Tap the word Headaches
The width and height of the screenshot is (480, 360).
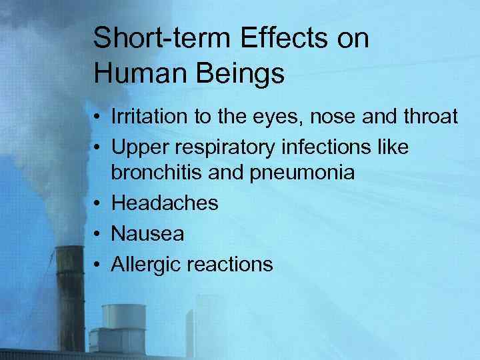pos(165,203)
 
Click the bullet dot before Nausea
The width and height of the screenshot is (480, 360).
pos(97,234)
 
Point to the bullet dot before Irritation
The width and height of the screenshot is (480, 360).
pos(97,118)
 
